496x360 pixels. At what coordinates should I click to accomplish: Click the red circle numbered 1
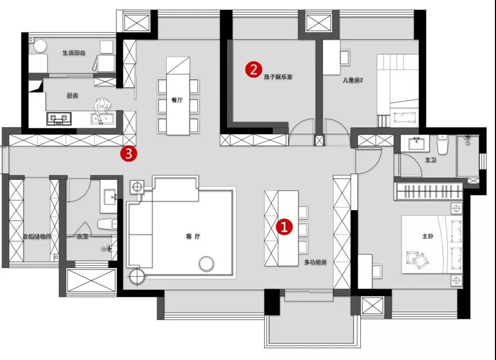tap(284, 227)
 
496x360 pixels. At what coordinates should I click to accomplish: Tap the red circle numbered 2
tap(254, 70)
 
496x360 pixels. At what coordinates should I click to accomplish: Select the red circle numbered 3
tap(128, 154)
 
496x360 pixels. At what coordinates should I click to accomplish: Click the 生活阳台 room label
tap(74, 53)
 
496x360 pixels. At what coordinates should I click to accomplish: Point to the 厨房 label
tap(73, 95)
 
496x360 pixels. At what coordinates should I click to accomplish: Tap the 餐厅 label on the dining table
tap(177, 100)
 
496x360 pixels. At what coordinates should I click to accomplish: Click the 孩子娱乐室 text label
tap(278, 76)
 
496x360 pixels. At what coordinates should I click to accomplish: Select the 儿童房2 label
tap(353, 80)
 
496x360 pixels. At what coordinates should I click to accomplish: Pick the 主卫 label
tap(430, 160)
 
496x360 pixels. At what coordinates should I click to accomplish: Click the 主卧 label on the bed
tap(428, 236)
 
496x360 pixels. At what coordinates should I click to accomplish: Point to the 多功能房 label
tap(315, 262)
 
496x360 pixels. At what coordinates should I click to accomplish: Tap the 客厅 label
tap(193, 236)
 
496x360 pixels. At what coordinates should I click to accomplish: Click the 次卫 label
tap(82, 236)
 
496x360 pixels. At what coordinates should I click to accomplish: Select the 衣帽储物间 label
tap(37, 236)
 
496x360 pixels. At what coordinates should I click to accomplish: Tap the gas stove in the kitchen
tap(59, 119)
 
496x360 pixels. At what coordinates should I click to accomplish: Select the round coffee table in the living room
tap(206, 263)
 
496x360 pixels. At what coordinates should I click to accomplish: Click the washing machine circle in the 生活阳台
tap(40, 46)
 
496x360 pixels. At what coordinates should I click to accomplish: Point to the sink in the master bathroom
tap(418, 143)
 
